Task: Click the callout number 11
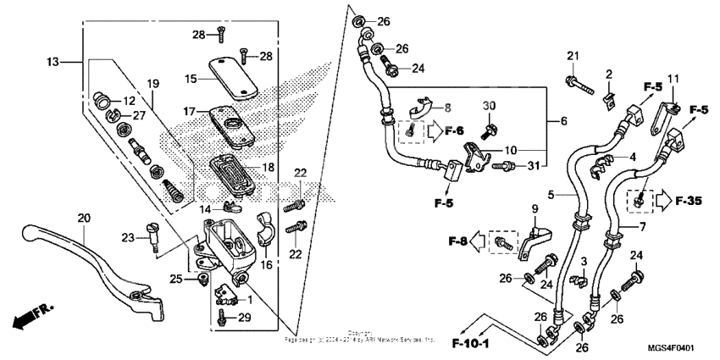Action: coord(673,80)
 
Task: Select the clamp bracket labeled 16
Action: coord(262,237)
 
